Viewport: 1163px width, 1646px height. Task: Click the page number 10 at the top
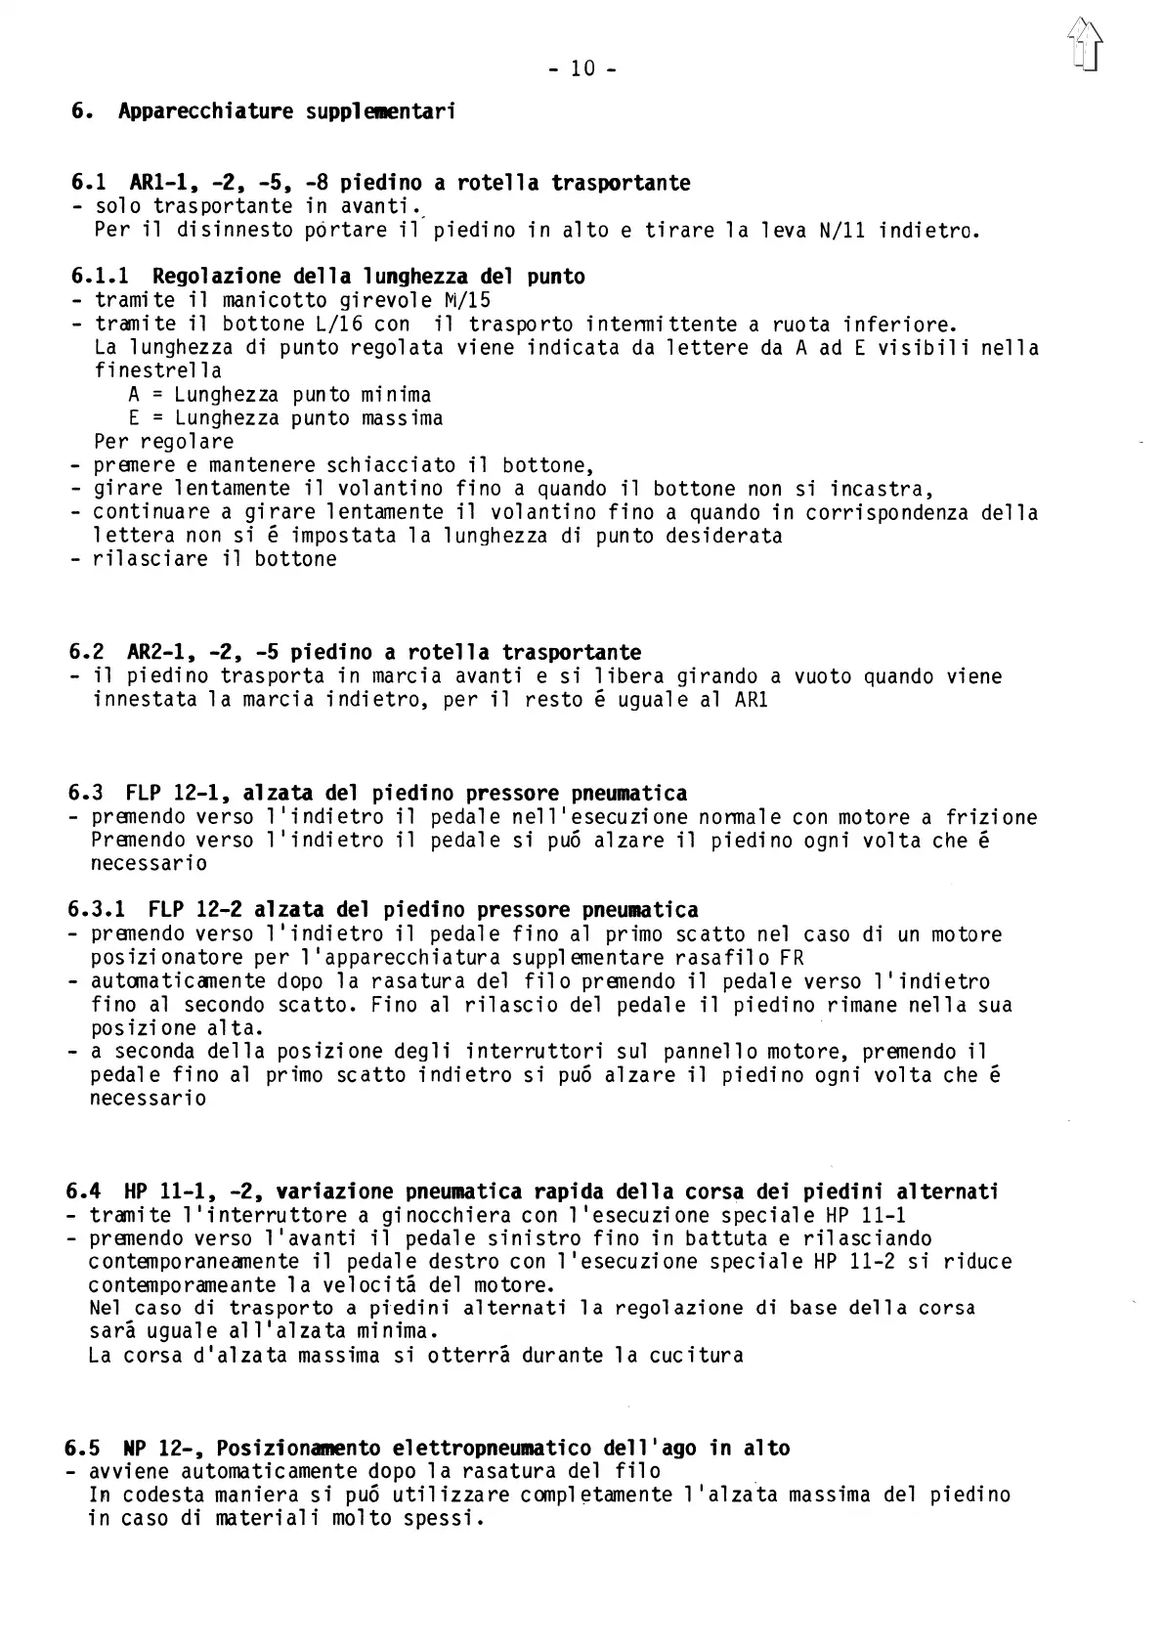point(581,68)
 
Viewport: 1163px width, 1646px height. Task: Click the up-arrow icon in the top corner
point(1084,46)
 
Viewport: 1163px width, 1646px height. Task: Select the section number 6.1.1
point(104,277)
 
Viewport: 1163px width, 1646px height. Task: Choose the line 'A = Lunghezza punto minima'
point(280,395)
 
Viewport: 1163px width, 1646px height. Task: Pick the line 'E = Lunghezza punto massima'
point(285,418)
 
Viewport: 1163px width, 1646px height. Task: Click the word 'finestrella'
point(157,371)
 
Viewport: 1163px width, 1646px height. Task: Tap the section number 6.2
point(90,652)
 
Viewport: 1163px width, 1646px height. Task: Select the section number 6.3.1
point(102,910)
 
